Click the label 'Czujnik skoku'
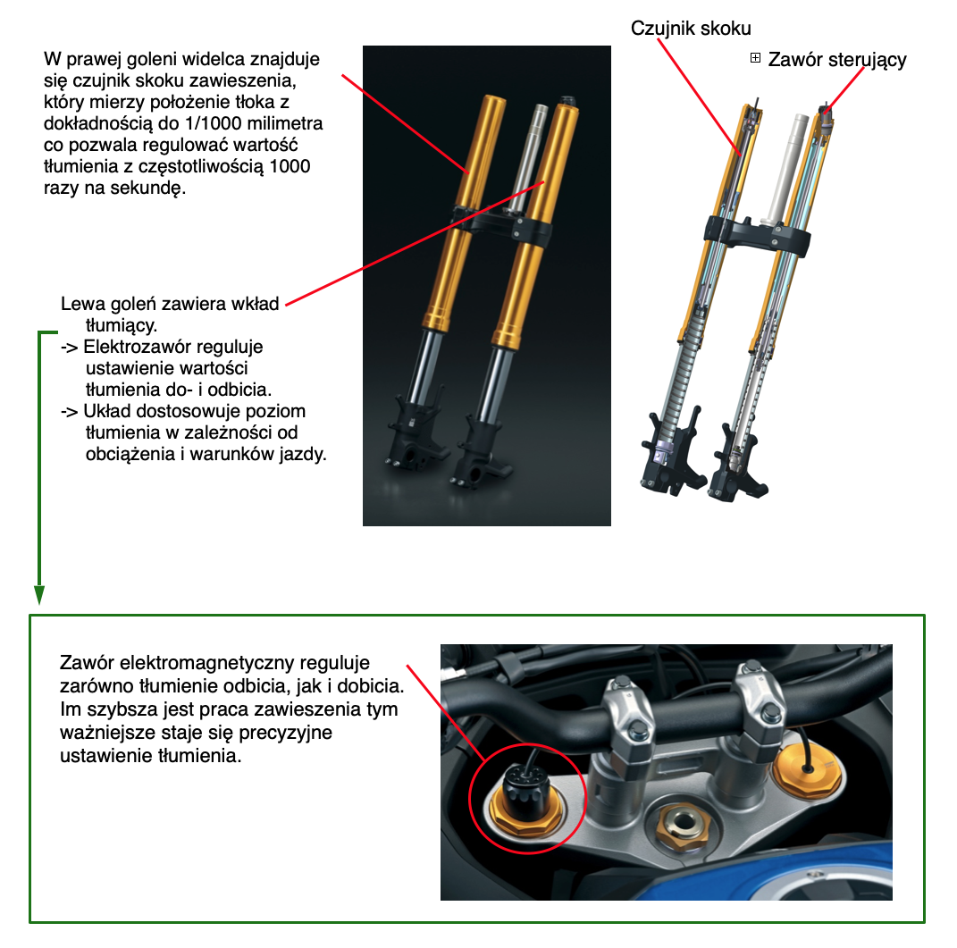pos(691,29)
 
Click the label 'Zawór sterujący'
pos(836,60)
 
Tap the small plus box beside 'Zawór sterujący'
pos(755,58)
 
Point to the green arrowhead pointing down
pos(39,594)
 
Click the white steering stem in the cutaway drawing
pos(787,168)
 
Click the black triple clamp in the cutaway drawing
pos(757,235)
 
